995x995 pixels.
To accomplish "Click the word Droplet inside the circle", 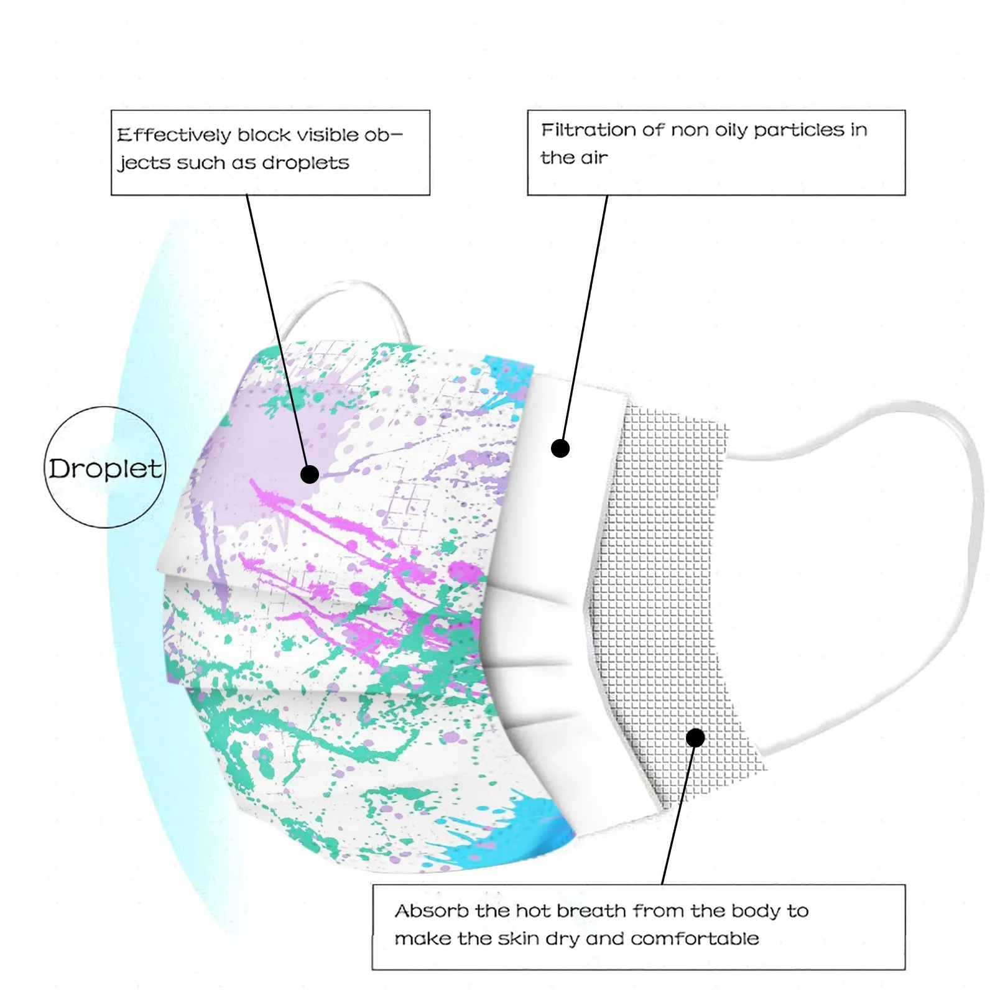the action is (105, 469).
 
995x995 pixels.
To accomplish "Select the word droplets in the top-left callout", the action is (305, 163).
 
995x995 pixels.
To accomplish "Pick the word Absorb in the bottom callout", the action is (432, 911).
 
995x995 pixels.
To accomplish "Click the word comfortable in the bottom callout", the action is (695, 938).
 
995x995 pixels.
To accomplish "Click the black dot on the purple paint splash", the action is (310, 474).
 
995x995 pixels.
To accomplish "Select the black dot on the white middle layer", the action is (560, 448).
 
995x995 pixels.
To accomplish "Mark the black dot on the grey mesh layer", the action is (695, 738).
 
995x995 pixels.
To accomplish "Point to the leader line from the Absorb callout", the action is (678, 815).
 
